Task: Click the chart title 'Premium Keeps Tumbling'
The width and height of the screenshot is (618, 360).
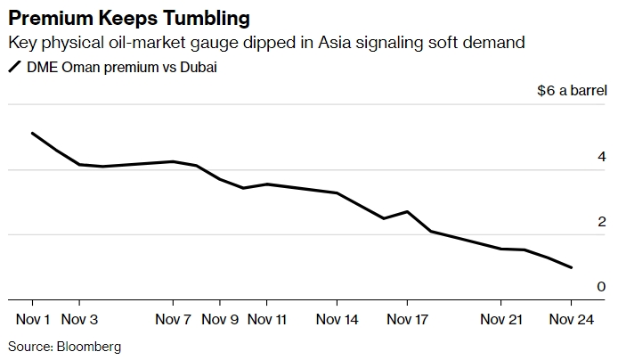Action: (129, 18)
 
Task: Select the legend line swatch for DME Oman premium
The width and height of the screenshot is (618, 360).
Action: (14, 68)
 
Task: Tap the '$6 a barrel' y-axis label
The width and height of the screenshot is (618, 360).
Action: (572, 91)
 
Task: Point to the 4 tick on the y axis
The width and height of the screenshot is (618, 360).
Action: (602, 156)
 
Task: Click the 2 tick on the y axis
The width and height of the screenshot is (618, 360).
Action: (602, 221)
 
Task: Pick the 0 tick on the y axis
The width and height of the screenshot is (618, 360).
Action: (602, 286)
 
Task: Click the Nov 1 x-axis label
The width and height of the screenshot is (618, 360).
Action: (34, 318)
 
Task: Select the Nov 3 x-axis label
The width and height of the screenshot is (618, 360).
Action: (81, 318)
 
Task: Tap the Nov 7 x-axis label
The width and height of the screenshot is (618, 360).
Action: (173, 318)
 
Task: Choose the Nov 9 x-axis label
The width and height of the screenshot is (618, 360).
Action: (220, 318)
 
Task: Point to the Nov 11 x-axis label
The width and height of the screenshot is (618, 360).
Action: (267, 318)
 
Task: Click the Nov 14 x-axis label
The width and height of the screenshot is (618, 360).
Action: (337, 318)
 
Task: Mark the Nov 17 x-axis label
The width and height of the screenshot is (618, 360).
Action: (408, 318)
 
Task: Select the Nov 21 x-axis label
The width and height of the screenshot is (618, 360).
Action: (501, 318)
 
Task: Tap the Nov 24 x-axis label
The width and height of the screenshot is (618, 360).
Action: (571, 318)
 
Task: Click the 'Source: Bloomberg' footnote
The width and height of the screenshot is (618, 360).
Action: (64, 346)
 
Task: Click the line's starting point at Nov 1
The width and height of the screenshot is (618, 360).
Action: (33, 134)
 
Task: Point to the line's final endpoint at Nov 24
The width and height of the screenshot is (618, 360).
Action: (572, 267)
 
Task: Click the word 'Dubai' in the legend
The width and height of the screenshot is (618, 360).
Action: (197, 68)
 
